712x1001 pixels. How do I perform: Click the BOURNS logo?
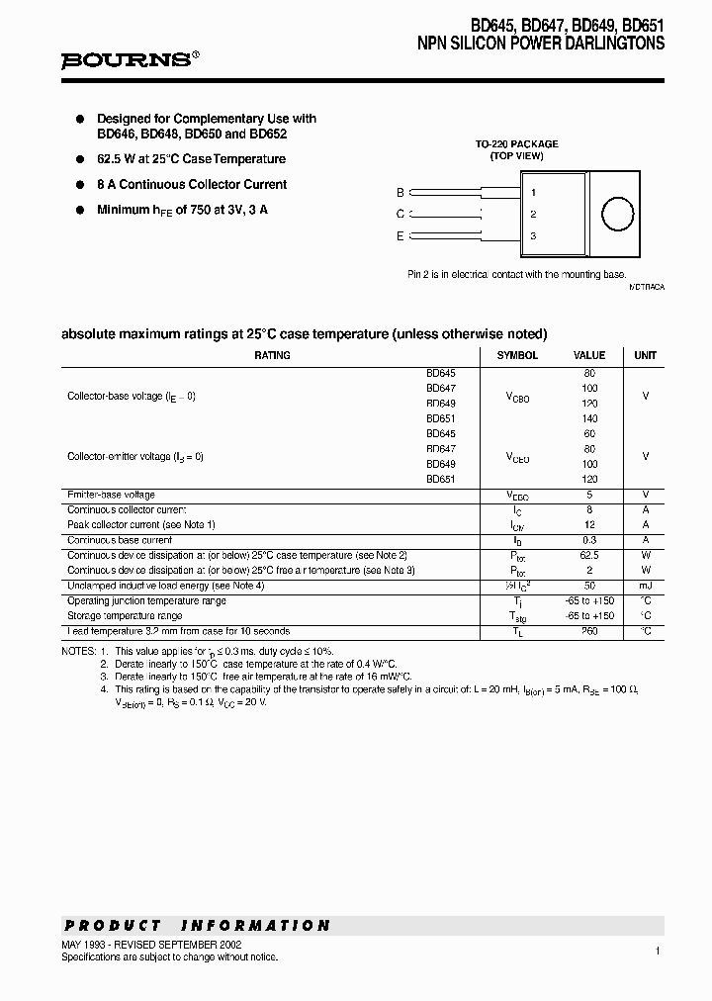click(x=126, y=59)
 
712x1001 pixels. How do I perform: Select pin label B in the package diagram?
click(x=400, y=193)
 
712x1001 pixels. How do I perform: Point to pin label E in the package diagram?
click(x=400, y=235)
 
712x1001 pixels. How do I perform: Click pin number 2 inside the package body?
click(x=533, y=214)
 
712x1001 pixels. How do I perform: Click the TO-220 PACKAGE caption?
click(x=516, y=144)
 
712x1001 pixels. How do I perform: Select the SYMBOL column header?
click(x=517, y=355)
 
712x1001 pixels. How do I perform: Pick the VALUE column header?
click(x=589, y=355)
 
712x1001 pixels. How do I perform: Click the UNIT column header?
click(x=645, y=355)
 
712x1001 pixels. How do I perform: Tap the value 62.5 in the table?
click(x=589, y=556)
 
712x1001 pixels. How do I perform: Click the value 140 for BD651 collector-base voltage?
click(x=589, y=418)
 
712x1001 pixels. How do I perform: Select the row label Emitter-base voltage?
click(x=111, y=495)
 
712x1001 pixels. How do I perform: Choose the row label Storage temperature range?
click(x=125, y=615)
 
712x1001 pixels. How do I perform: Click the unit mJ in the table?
click(x=645, y=586)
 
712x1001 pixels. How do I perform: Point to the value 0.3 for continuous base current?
click(x=589, y=540)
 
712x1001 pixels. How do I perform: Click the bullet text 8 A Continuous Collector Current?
click(x=192, y=184)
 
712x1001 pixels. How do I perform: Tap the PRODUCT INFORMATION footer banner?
click(x=198, y=926)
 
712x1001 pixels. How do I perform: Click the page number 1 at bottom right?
click(x=657, y=951)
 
